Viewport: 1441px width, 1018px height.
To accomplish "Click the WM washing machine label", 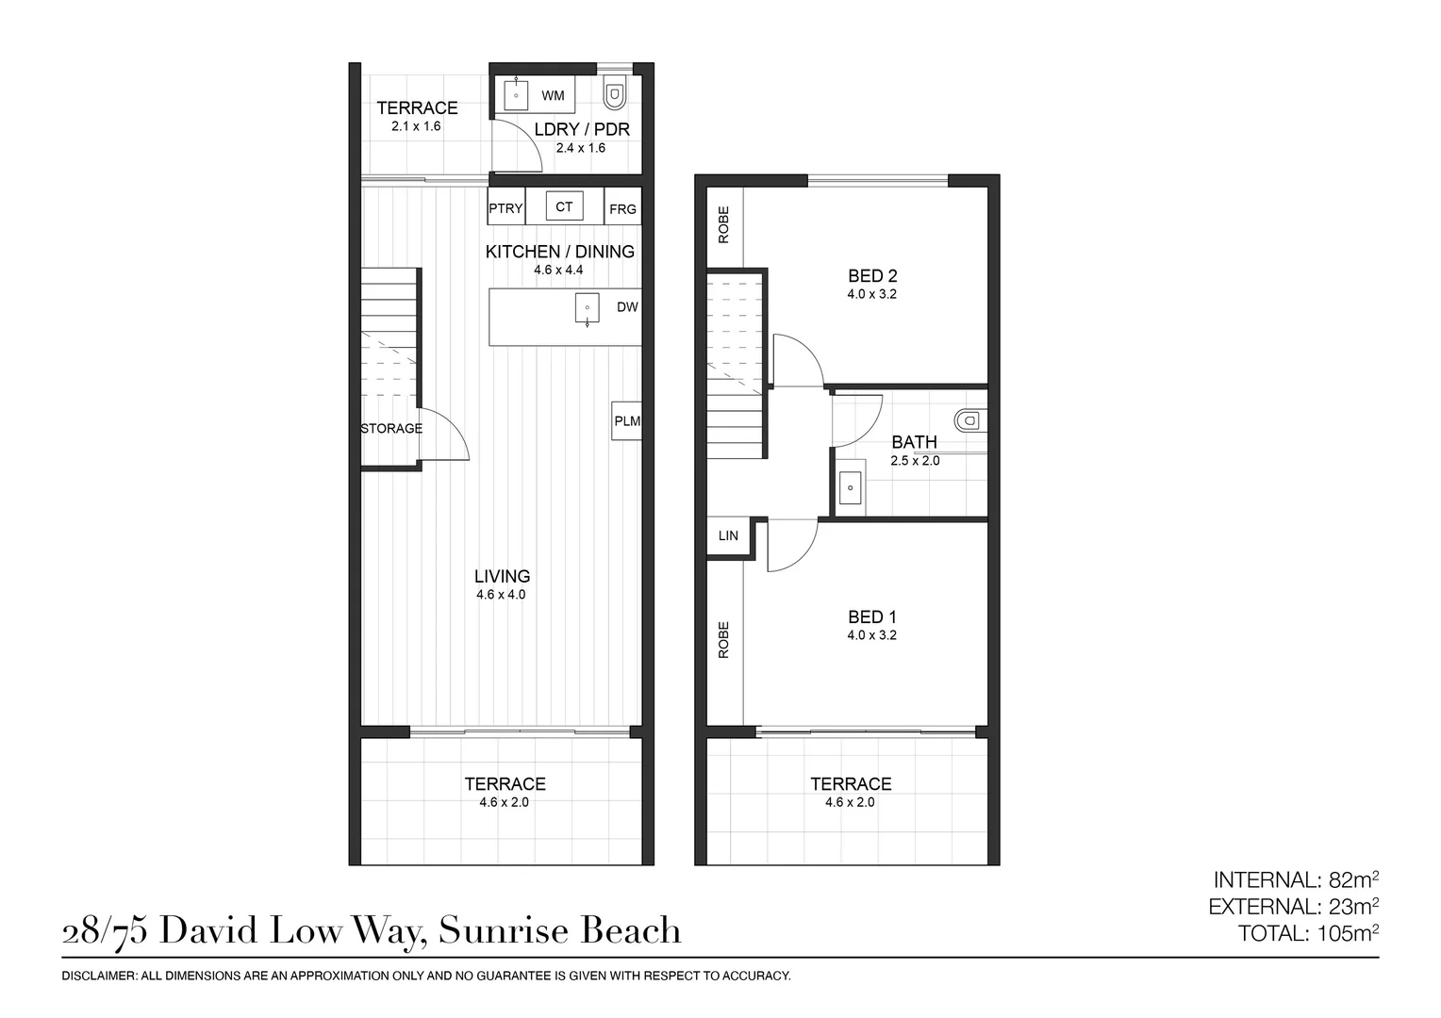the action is coord(553,96).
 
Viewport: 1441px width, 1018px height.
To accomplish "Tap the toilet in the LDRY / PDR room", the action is coord(614,94).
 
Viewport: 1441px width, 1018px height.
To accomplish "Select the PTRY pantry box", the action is coord(506,205).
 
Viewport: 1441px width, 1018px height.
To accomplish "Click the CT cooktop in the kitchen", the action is coord(564,206).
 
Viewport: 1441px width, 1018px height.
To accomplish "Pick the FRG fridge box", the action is coord(622,205).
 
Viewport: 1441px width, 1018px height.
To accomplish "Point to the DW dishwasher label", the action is coord(627,307).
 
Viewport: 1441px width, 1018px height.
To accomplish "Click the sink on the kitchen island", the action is coord(587,308).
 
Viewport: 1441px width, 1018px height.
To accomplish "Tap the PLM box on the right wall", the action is coord(626,421).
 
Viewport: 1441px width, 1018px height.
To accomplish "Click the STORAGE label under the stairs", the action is coord(391,428).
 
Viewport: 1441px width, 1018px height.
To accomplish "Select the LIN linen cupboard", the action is coord(728,535).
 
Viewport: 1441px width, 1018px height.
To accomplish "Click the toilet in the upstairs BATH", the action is coord(970,420).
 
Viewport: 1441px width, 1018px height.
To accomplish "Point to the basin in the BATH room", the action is coord(851,486).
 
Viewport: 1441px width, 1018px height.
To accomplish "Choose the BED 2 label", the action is coord(872,276).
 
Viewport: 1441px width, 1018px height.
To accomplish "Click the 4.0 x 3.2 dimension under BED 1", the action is coord(871,634).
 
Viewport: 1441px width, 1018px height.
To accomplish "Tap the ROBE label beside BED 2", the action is coord(723,224).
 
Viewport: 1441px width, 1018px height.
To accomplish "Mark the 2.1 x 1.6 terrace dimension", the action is coord(416,126).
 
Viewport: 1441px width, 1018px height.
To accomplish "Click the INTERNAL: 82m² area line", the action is coord(1296,879).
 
